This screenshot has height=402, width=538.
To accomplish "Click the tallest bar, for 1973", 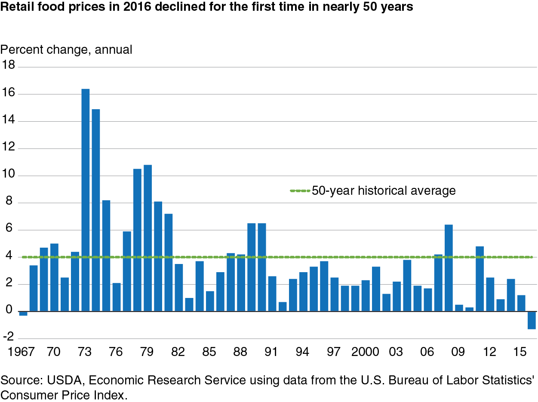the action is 85,200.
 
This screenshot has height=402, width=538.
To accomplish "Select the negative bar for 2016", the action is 532,320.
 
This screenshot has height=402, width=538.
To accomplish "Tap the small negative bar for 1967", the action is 23,313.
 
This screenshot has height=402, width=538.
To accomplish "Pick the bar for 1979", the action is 148,238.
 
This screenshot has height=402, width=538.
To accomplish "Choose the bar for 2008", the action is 449,268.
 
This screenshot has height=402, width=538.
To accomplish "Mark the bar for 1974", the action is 96,210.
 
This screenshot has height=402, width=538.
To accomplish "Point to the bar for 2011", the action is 480,279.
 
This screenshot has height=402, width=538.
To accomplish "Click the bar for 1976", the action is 117,297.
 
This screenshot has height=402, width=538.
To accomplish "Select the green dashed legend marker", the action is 300,190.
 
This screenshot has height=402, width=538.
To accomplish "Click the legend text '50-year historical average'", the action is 384,190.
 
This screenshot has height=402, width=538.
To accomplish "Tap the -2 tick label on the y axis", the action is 9,337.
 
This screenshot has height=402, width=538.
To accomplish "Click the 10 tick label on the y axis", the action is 8,174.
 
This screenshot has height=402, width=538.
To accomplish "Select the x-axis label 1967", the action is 21,352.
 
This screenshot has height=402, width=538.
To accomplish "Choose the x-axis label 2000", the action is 365,352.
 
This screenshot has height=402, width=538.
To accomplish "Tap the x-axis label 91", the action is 271,352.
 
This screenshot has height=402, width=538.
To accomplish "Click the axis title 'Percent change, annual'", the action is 66,50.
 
